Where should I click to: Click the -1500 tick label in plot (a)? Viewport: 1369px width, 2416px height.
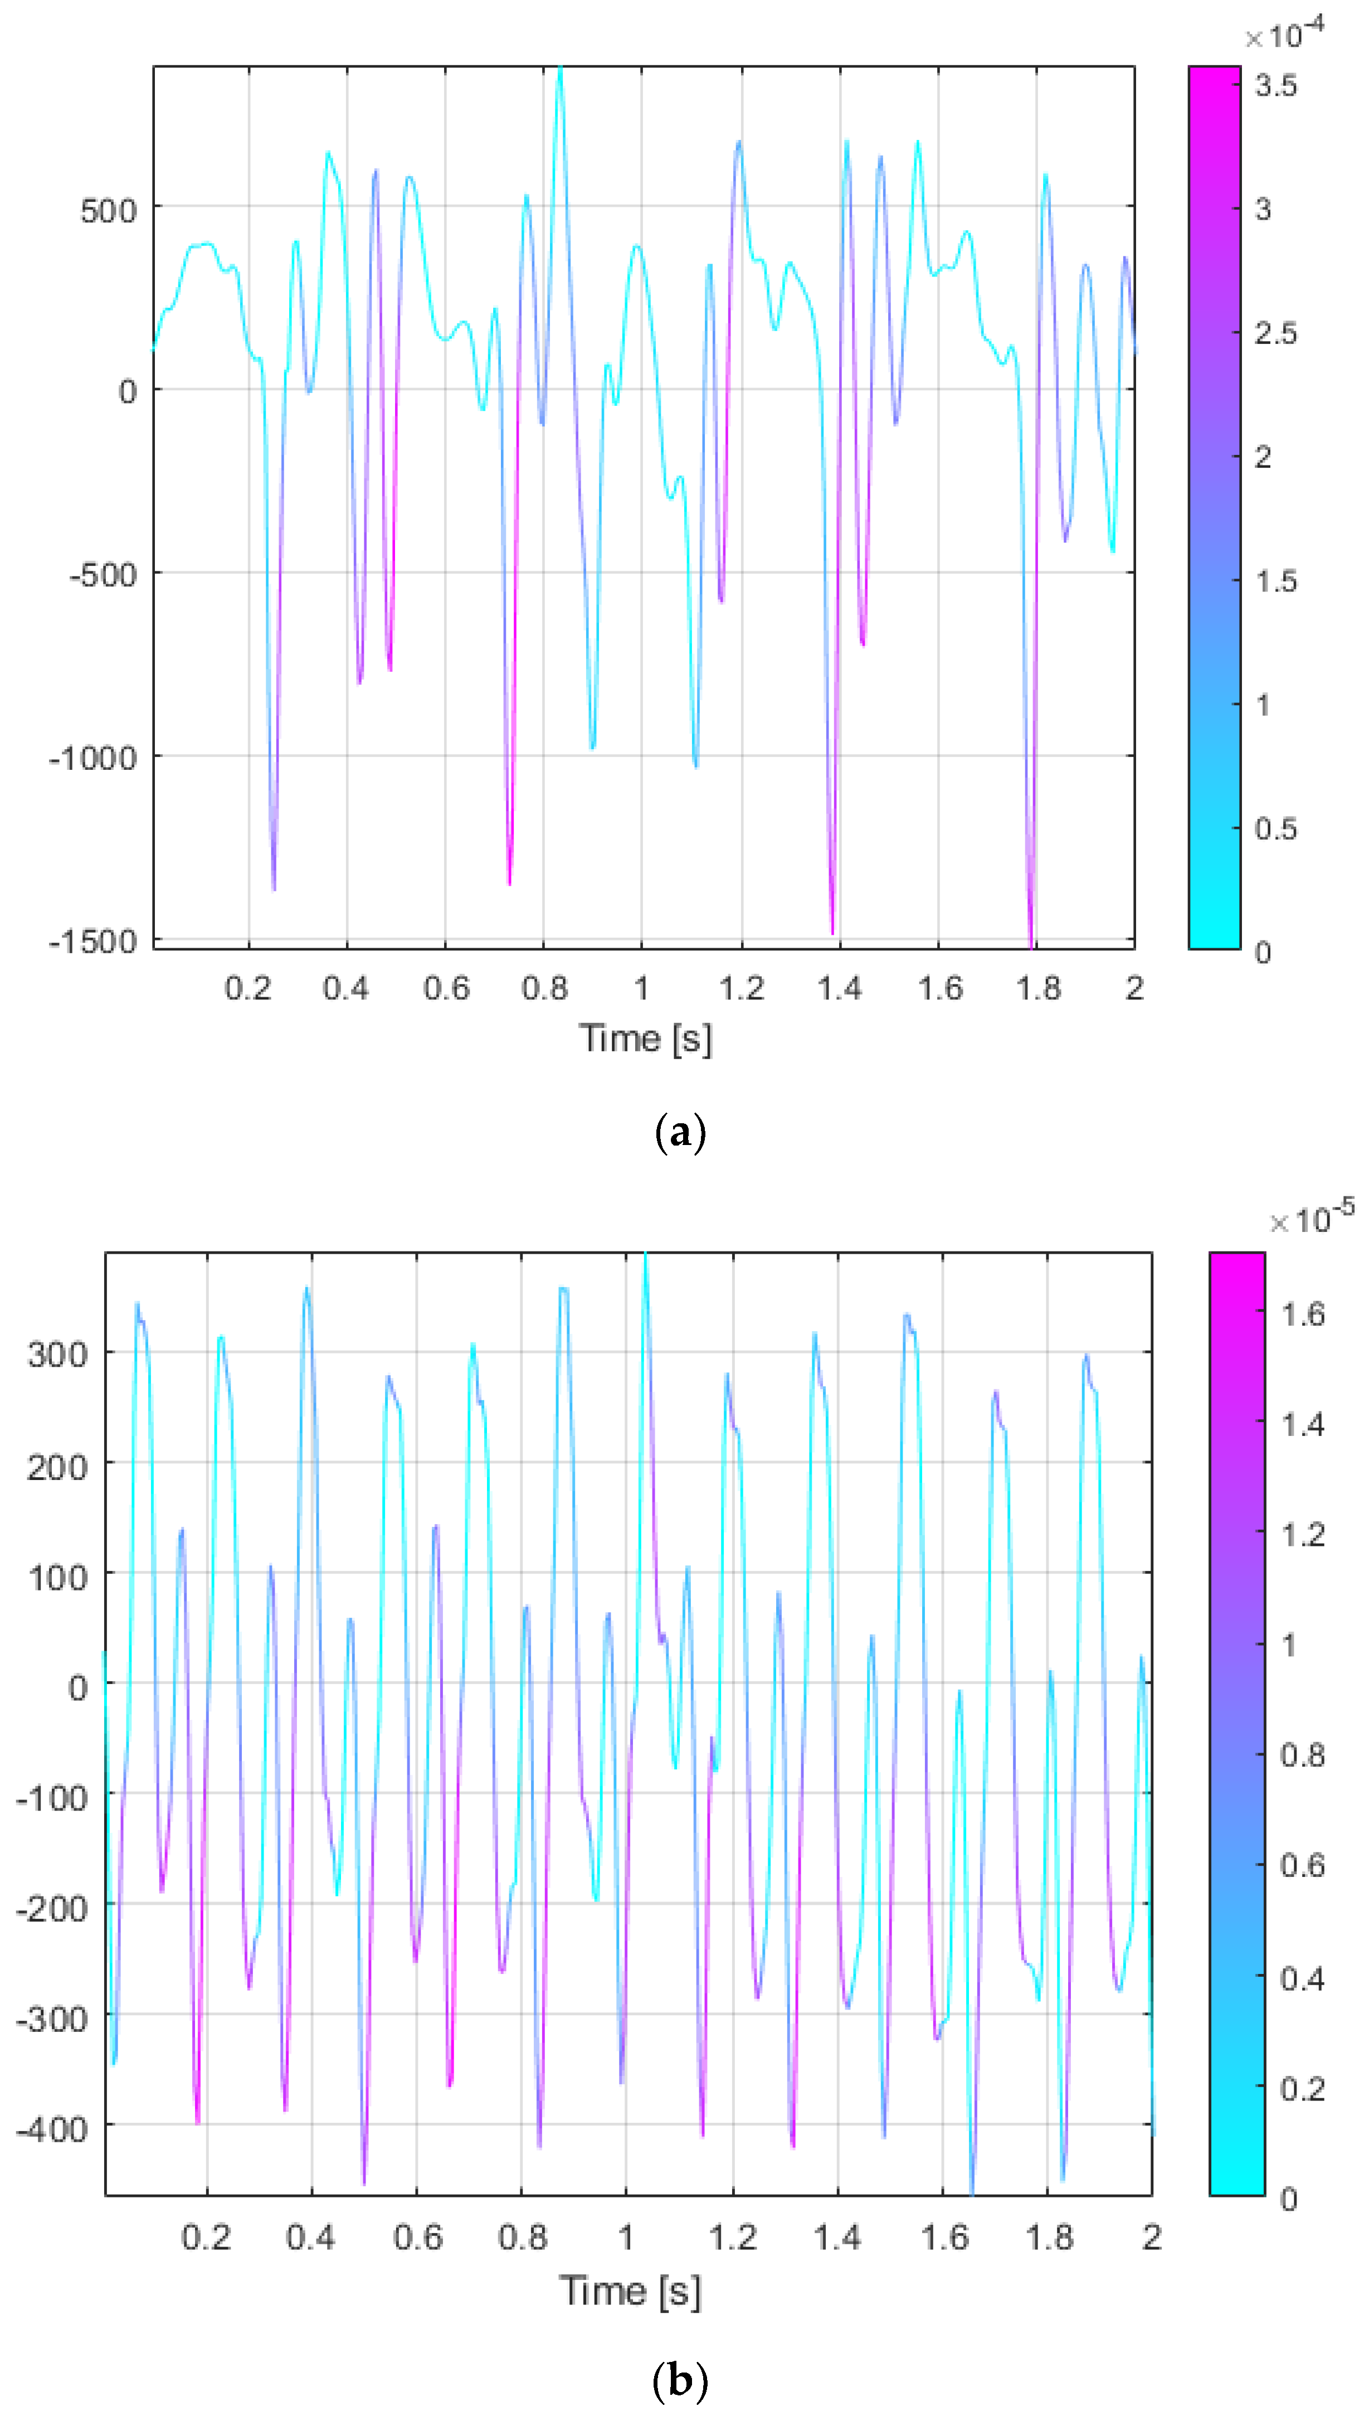[x=92, y=942]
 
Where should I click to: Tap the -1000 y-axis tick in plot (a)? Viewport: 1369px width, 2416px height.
[x=92, y=758]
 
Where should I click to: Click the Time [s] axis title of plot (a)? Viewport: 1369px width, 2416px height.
[x=645, y=1038]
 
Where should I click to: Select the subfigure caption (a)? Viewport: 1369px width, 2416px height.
[x=679, y=1132]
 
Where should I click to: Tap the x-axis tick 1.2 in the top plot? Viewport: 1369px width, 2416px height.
[x=741, y=988]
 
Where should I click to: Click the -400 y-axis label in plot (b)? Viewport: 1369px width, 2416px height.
[x=52, y=2129]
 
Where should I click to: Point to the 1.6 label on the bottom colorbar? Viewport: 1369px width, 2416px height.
[x=1302, y=1314]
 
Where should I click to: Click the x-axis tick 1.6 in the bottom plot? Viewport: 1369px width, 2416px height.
[x=943, y=2237]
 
